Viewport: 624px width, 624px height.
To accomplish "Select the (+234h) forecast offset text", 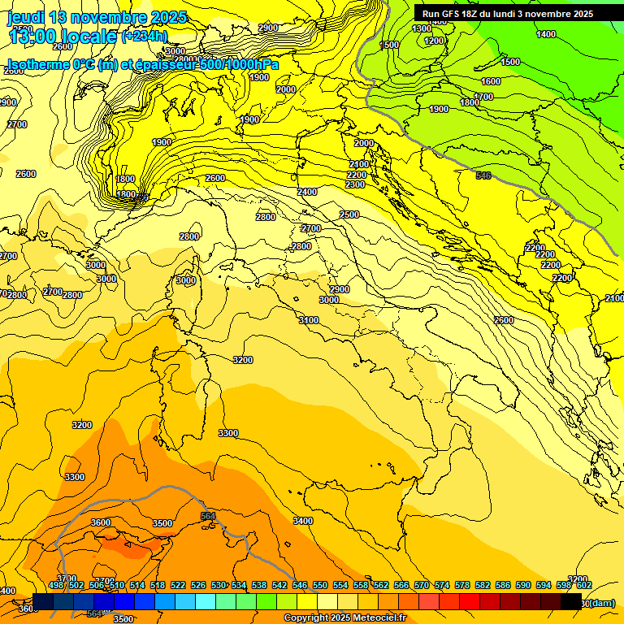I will (x=145, y=37).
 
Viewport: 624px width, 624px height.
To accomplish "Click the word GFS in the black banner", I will (x=455, y=14).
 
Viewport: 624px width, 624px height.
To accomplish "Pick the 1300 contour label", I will (x=422, y=28).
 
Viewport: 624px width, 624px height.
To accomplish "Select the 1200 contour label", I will (x=434, y=41).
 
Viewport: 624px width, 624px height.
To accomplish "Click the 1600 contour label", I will (x=491, y=81).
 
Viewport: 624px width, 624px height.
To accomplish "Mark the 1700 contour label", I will (x=483, y=97).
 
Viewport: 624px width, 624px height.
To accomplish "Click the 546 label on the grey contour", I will (x=483, y=175).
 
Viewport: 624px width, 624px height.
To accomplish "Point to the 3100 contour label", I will (x=309, y=320).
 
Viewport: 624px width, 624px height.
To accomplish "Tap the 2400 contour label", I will (x=307, y=192).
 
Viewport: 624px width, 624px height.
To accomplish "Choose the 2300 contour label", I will (x=355, y=184).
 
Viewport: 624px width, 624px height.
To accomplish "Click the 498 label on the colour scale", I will (x=56, y=585).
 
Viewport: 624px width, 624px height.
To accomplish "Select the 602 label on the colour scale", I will (x=583, y=585).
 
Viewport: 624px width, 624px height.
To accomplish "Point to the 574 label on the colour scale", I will (x=441, y=585).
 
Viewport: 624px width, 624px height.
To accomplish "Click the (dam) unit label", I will (x=601, y=602).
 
